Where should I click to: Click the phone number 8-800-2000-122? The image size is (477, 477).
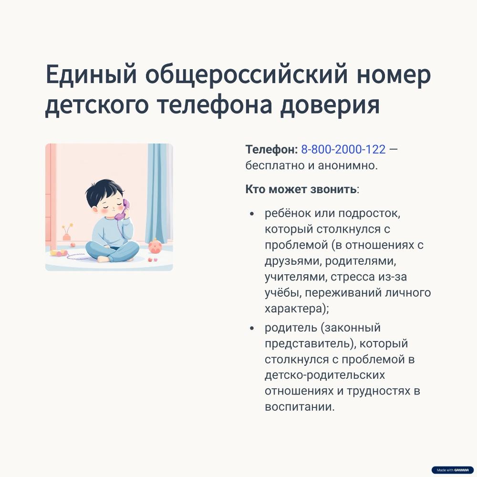(x=343, y=149)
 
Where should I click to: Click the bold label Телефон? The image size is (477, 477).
(x=271, y=149)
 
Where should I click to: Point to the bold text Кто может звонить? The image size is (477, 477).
(x=301, y=189)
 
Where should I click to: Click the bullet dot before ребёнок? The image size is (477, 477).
(x=252, y=214)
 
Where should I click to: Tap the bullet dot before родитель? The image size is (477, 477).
(x=252, y=328)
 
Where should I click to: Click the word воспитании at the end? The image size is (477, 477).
(x=300, y=407)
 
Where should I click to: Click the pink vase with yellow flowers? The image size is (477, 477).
(x=67, y=234)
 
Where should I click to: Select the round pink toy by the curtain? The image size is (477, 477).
(x=155, y=246)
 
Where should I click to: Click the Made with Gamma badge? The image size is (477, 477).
(x=452, y=470)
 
